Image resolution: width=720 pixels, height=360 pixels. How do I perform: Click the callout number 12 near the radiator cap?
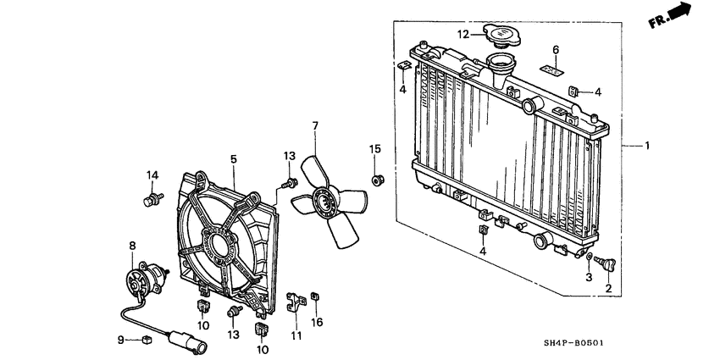click(463, 35)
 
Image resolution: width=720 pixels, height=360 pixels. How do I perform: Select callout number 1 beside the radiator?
click(647, 146)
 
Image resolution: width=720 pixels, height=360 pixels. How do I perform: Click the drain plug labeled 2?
click(608, 265)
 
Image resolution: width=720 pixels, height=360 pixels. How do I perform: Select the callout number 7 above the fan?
click(314, 126)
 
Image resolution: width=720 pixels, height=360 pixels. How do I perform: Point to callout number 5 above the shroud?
click(233, 158)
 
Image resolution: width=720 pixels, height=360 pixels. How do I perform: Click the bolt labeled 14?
click(152, 200)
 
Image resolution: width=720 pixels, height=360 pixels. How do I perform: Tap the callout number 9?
click(120, 340)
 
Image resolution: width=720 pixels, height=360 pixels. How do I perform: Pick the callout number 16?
click(318, 323)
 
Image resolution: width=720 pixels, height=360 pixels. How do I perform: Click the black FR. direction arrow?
click(678, 14)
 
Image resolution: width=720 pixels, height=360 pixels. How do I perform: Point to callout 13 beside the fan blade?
click(289, 155)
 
